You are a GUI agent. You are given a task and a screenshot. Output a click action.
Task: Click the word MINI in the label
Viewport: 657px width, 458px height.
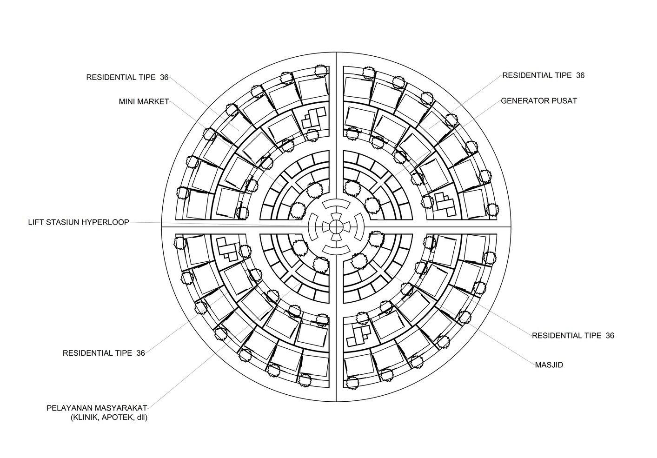pyautogui.click(x=127, y=101)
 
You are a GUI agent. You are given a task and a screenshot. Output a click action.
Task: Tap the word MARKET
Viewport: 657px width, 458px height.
pyautogui.click(x=154, y=101)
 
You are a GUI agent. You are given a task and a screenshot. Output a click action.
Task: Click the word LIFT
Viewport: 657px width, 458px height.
pyautogui.click(x=35, y=222)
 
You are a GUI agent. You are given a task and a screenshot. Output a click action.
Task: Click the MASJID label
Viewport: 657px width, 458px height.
pyautogui.click(x=549, y=365)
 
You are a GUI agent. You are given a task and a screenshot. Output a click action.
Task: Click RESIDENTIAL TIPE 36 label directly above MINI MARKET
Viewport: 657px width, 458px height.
pyautogui.click(x=127, y=77)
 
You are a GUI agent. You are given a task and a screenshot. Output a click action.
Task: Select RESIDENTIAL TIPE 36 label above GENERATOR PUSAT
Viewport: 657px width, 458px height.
pyautogui.click(x=543, y=75)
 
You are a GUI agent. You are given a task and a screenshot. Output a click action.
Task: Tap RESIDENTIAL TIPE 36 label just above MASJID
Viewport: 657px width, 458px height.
pyautogui.click(x=572, y=335)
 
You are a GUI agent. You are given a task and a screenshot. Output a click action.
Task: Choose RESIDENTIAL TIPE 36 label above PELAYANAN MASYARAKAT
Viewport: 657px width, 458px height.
pyautogui.click(x=104, y=353)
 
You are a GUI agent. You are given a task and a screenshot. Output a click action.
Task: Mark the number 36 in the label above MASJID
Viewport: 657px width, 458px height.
pyautogui.click(x=610, y=335)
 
